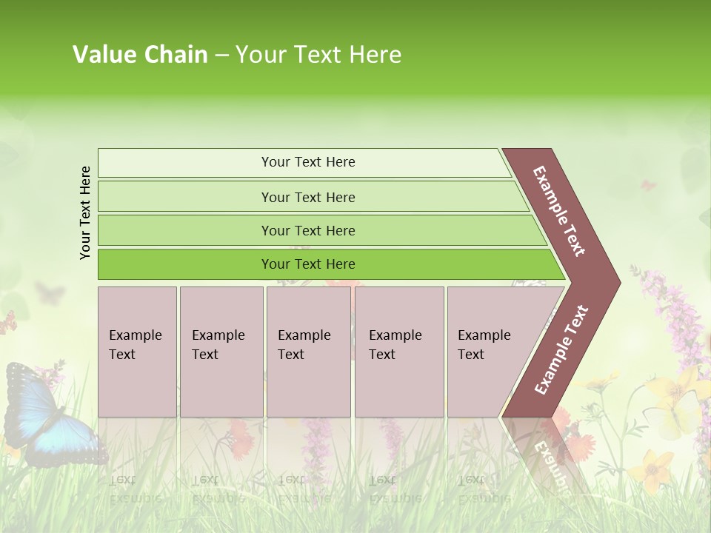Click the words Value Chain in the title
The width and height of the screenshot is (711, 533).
coord(140,55)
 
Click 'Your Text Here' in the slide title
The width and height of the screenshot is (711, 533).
coord(318,55)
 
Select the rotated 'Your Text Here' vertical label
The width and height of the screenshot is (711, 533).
coord(85,212)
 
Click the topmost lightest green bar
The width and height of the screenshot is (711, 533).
coord(308,162)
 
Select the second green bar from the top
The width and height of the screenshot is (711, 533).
coord(308,197)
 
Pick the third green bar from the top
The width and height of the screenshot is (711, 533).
coord(308,230)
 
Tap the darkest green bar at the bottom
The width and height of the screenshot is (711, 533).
coord(308,264)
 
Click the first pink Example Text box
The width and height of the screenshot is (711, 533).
coord(137,352)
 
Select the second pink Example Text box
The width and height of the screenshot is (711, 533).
coord(221,352)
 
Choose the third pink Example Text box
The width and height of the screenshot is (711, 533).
coord(308,352)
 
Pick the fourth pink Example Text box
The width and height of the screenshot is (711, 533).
coord(399,352)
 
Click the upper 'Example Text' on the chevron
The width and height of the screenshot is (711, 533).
coord(559,211)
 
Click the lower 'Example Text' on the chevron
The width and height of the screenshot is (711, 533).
coord(561,349)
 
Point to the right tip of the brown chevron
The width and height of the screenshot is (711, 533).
coord(618,282)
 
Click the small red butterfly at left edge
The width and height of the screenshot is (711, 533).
coord(7,323)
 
